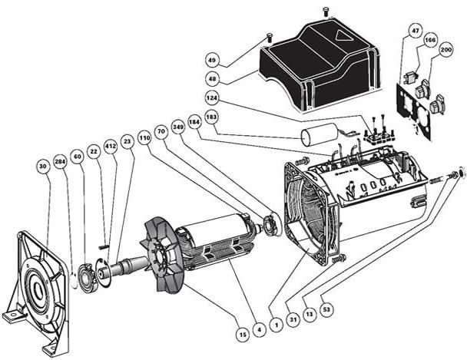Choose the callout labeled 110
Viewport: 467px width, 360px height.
click(144, 140)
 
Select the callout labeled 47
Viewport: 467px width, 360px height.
click(415, 31)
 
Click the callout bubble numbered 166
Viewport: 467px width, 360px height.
click(430, 40)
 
